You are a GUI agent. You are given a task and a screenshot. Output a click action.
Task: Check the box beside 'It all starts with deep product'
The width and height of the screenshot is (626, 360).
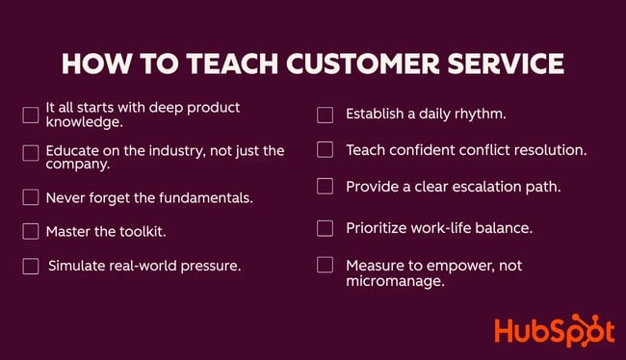pos(31,116)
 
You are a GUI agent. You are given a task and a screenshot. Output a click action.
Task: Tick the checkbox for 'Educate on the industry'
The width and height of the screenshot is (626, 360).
pos(31,152)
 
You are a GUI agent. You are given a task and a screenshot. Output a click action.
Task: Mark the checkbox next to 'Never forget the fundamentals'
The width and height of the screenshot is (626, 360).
pos(31,197)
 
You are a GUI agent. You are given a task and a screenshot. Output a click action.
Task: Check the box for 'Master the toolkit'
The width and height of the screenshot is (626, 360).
pos(31,231)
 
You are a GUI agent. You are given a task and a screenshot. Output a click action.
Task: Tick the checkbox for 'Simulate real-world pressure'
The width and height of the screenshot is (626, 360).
pos(31,266)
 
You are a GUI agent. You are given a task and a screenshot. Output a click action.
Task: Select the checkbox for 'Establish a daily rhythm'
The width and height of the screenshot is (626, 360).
pos(326,116)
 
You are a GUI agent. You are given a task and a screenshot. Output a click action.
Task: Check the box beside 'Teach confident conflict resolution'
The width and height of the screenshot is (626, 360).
pos(326,150)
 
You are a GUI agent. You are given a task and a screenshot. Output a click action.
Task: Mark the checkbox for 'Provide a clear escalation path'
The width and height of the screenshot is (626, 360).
pos(326,186)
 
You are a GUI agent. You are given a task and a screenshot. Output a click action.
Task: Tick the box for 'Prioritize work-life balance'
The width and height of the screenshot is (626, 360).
pos(326,228)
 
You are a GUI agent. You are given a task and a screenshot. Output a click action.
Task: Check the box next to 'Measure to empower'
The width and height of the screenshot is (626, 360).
pos(326,265)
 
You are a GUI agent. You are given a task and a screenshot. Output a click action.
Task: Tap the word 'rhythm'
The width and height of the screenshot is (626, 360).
pos(478,115)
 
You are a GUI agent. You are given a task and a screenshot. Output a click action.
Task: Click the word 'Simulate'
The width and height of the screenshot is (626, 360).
pos(77,266)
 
